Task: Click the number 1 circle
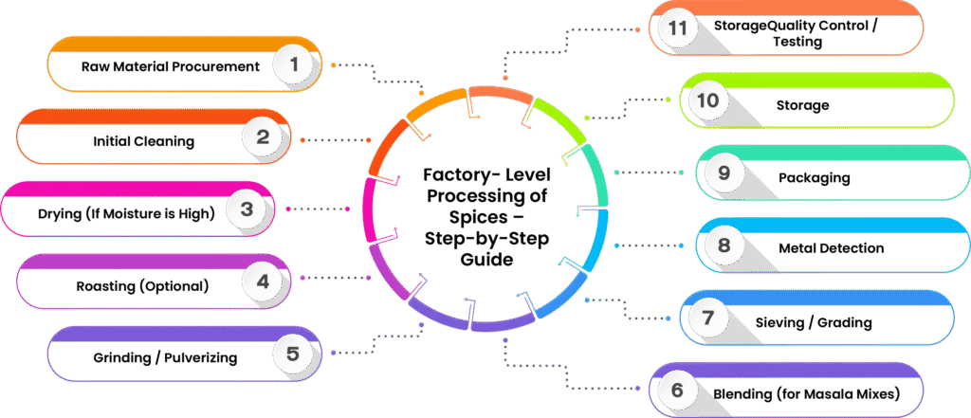pyautogui.click(x=294, y=65)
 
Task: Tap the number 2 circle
pyautogui.click(x=263, y=138)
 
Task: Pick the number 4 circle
pyautogui.click(x=263, y=282)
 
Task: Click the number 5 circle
pyautogui.click(x=293, y=354)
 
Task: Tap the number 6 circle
pyautogui.click(x=676, y=390)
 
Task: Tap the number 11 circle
pyautogui.click(x=676, y=27)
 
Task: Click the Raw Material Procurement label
pyautogui.click(x=170, y=67)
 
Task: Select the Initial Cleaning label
pyautogui.click(x=143, y=141)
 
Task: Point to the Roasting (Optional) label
pyautogui.click(x=142, y=284)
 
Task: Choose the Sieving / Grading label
pyautogui.click(x=827, y=322)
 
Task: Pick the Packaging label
pyautogui.click(x=814, y=177)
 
